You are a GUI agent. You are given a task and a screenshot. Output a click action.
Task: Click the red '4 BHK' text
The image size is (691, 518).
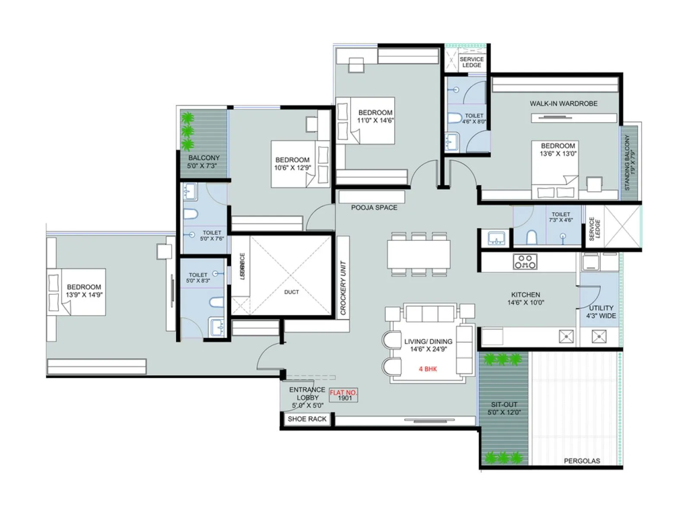(x=428, y=369)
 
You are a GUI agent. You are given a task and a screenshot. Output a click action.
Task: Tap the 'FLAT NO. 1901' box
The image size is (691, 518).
(x=344, y=395)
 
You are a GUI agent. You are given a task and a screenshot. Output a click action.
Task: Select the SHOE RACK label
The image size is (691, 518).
(x=307, y=419)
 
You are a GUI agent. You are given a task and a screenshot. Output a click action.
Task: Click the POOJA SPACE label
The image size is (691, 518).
(x=374, y=208)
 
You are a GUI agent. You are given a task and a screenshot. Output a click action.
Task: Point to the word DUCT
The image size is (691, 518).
(x=292, y=292)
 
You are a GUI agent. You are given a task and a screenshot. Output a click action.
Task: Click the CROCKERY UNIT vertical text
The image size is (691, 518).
(x=343, y=288)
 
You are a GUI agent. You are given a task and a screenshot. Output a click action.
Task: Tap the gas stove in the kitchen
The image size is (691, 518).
(x=525, y=261)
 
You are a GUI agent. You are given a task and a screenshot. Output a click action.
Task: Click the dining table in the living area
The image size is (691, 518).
(x=418, y=254)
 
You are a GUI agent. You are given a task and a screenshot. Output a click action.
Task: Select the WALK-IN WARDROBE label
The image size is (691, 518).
(x=564, y=104)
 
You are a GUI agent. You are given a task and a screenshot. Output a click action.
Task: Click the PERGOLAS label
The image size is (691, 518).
(x=582, y=461)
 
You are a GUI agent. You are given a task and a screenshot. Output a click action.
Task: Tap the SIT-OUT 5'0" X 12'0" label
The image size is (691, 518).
(x=504, y=408)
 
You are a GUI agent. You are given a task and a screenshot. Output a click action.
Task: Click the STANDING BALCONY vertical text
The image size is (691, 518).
(x=630, y=162)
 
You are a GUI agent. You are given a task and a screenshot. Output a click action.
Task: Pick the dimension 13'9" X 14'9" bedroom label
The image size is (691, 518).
(x=84, y=291)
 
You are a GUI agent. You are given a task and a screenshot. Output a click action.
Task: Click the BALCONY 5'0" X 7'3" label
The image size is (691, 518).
(x=203, y=161)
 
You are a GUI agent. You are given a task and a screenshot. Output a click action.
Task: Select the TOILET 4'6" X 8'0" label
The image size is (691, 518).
(x=474, y=119)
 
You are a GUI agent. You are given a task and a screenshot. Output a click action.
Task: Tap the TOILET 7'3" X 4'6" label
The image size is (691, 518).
(x=561, y=217)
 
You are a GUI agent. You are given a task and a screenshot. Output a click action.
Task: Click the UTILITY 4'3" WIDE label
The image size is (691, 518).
(x=601, y=312)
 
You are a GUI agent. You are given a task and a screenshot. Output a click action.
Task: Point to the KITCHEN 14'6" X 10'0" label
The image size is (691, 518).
(x=526, y=299)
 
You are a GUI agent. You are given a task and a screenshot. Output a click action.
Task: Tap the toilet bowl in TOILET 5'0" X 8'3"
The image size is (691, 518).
(x=216, y=302)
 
